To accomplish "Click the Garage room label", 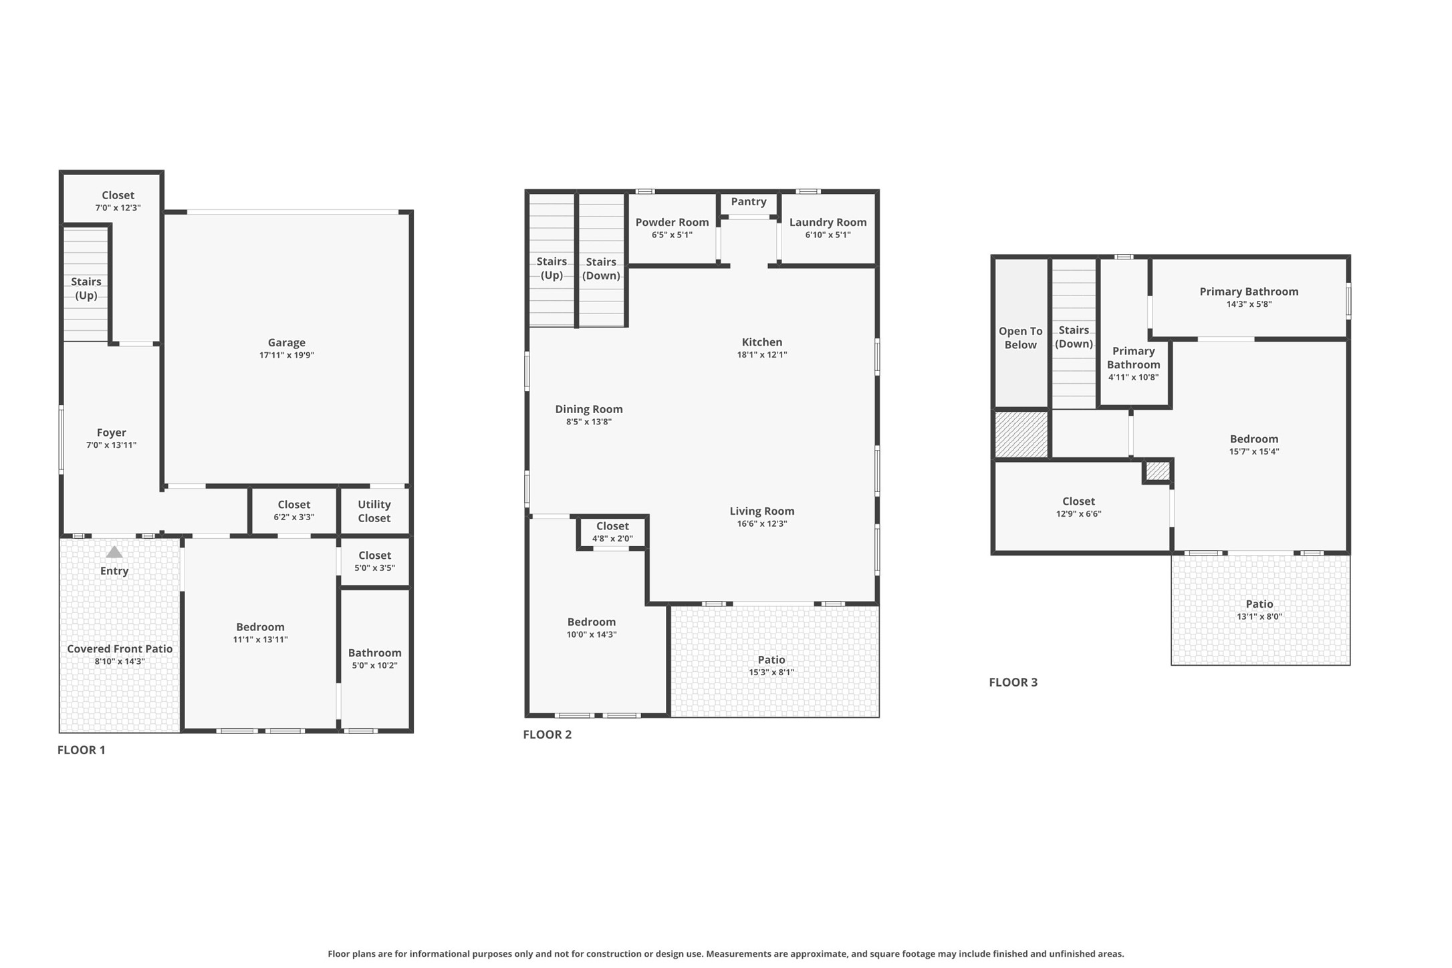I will pos(286,342).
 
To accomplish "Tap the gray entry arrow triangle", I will pos(114,552).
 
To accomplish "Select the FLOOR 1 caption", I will pos(81,750).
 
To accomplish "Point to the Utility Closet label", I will pos(374,511).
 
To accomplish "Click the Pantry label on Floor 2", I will pos(748,201).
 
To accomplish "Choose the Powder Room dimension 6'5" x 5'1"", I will pos(672,235).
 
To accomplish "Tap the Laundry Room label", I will pos(828,222).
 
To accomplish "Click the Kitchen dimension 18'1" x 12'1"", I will pos(761,355).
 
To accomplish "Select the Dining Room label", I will pos(588,409).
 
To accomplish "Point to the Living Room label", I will pos(761,511).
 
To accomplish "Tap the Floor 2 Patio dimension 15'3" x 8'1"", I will pos(771,673).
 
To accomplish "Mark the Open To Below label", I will pos(1020,338).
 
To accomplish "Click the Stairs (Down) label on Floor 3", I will pos(1074,337).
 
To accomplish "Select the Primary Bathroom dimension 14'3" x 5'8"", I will pos(1248,304).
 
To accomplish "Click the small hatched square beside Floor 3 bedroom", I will pos(1158,471).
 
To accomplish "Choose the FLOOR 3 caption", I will pos(1013,683).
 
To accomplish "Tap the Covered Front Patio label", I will pos(120,648).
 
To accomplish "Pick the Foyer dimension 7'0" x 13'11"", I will pos(111,445).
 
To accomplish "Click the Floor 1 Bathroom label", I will pos(374,652).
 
